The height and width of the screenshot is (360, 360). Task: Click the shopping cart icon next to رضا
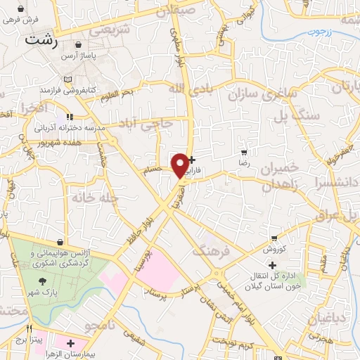[x=243, y=153]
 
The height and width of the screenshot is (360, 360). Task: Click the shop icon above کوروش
[x=274, y=239]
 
